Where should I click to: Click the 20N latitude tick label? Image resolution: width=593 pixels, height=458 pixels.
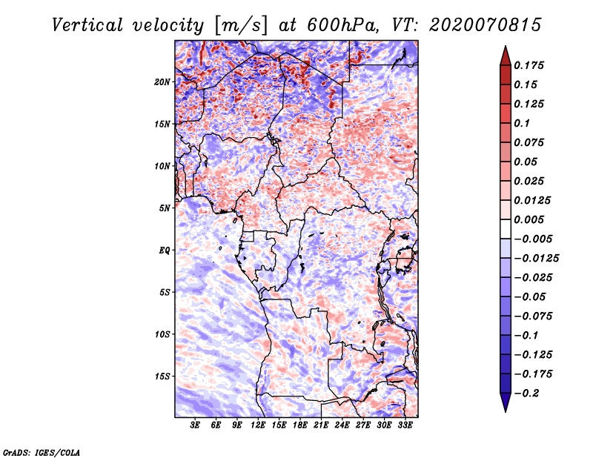(162, 82)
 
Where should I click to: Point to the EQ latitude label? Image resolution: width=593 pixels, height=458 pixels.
(164, 250)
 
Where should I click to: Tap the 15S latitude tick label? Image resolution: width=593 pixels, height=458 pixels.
(162, 376)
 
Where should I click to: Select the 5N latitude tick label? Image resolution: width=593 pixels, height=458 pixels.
(165, 208)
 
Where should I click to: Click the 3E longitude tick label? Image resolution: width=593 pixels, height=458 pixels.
(196, 426)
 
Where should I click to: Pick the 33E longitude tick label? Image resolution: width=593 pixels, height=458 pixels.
(405, 426)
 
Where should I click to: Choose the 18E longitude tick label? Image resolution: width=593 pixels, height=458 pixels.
(299, 426)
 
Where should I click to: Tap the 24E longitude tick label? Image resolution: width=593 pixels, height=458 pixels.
(342, 426)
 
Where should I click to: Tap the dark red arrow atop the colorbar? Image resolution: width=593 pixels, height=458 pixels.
(504, 54)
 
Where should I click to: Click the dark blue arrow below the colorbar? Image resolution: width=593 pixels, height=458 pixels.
(504, 402)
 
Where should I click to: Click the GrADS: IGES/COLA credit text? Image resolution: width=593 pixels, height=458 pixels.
(41, 451)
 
